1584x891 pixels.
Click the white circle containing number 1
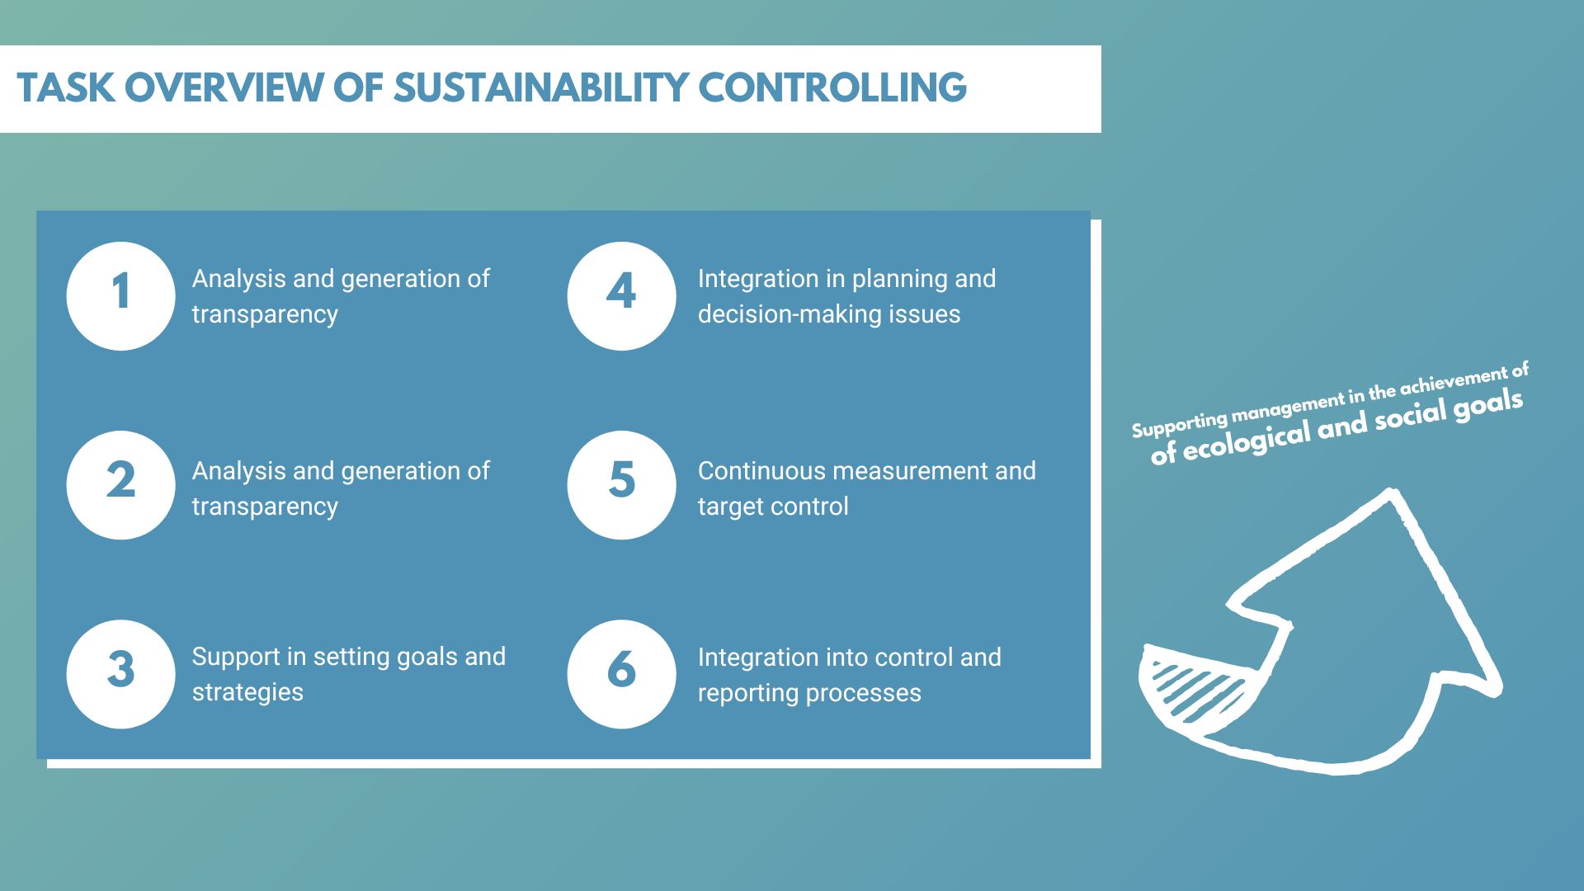pos(120,296)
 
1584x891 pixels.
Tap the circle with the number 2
pos(120,485)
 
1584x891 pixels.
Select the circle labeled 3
pos(120,674)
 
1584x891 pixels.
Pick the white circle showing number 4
pos(621,296)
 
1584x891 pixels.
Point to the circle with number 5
pos(621,485)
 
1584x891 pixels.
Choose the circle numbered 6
pos(621,674)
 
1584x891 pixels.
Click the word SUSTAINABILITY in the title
pos(540,88)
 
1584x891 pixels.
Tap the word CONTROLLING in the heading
pos(832,88)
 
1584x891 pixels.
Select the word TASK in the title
pos(66,88)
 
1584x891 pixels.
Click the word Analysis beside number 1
pos(239,279)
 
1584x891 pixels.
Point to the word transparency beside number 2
pos(265,507)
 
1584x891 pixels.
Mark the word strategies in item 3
pos(247,692)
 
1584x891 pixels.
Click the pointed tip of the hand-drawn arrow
pos(1393,493)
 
